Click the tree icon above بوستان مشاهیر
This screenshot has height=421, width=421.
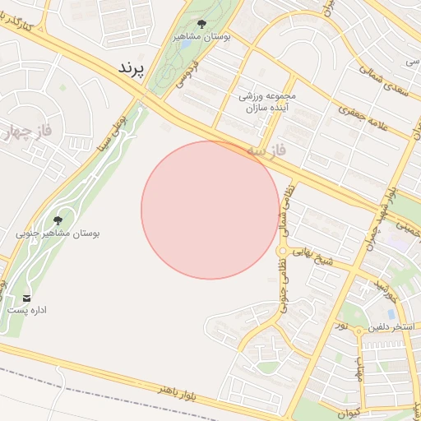click(x=202, y=24)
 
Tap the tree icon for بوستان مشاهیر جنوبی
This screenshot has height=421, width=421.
click(x=58, y=220)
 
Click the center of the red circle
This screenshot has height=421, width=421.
click(x=210, y=210)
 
